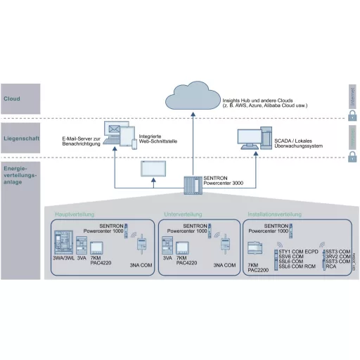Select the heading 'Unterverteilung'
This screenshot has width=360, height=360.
(183, 214)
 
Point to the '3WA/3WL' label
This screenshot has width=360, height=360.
(63, 259)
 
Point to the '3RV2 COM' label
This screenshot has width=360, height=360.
(338, 257)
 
